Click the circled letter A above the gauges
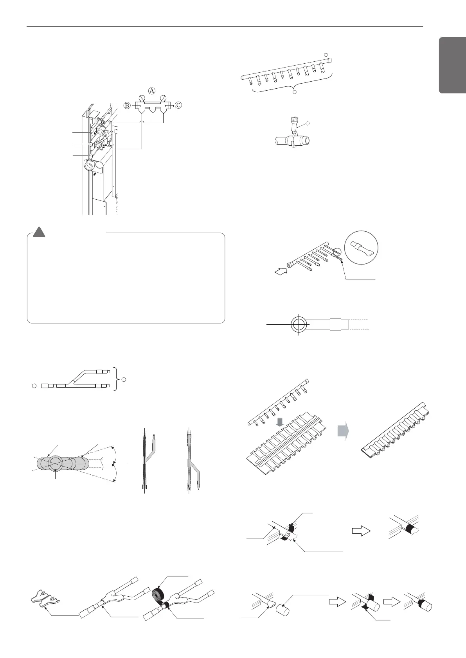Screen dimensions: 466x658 point(152,90)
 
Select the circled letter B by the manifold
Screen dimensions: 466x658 point(127,105)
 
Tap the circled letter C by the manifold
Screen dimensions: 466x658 point(178,105)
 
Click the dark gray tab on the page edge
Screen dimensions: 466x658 point(452,65)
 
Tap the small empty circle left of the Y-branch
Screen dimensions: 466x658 point(34,386)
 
